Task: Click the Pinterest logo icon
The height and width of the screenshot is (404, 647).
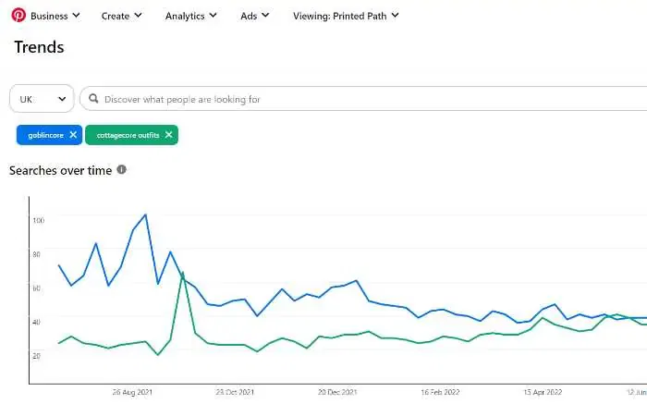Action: coord(18,16)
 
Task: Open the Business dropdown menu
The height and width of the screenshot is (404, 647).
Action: coord(55,16)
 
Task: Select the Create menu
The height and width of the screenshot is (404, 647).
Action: coord(121,16)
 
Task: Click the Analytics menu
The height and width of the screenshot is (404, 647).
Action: coord(190,16)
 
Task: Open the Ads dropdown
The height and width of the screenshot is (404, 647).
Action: coord(254,16)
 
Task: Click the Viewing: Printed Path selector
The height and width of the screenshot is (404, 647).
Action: coord(346,16)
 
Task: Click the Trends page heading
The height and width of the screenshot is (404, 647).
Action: coord(39,46)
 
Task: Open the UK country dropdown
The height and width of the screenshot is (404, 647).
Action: coord(42,99)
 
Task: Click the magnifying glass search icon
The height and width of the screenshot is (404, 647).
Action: coord(93,99)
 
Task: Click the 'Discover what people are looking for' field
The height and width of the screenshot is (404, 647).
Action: coord(277,99)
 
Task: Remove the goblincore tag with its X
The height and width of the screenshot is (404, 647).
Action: coord(73,135)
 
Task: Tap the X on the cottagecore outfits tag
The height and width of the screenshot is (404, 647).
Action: coord(168,135)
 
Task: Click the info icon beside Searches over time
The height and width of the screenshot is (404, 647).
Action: coord(122,170)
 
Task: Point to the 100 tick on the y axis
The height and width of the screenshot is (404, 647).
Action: coord(38,220)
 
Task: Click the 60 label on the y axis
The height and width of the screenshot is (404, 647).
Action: coord(38,288)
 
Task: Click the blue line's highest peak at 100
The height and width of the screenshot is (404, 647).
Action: coord(145,214)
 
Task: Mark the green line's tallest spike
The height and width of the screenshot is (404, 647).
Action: coord(183,272)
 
